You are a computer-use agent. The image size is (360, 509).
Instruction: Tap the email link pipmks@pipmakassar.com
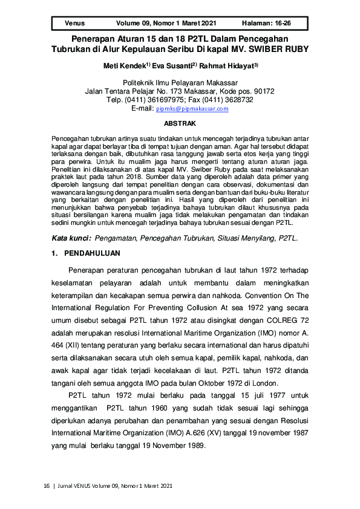(192, 109)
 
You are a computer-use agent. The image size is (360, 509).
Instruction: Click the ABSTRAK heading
(180, 123)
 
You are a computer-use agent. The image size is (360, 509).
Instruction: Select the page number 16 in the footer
(47, 486)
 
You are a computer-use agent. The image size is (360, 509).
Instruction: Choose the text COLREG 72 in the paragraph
(292, 322)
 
